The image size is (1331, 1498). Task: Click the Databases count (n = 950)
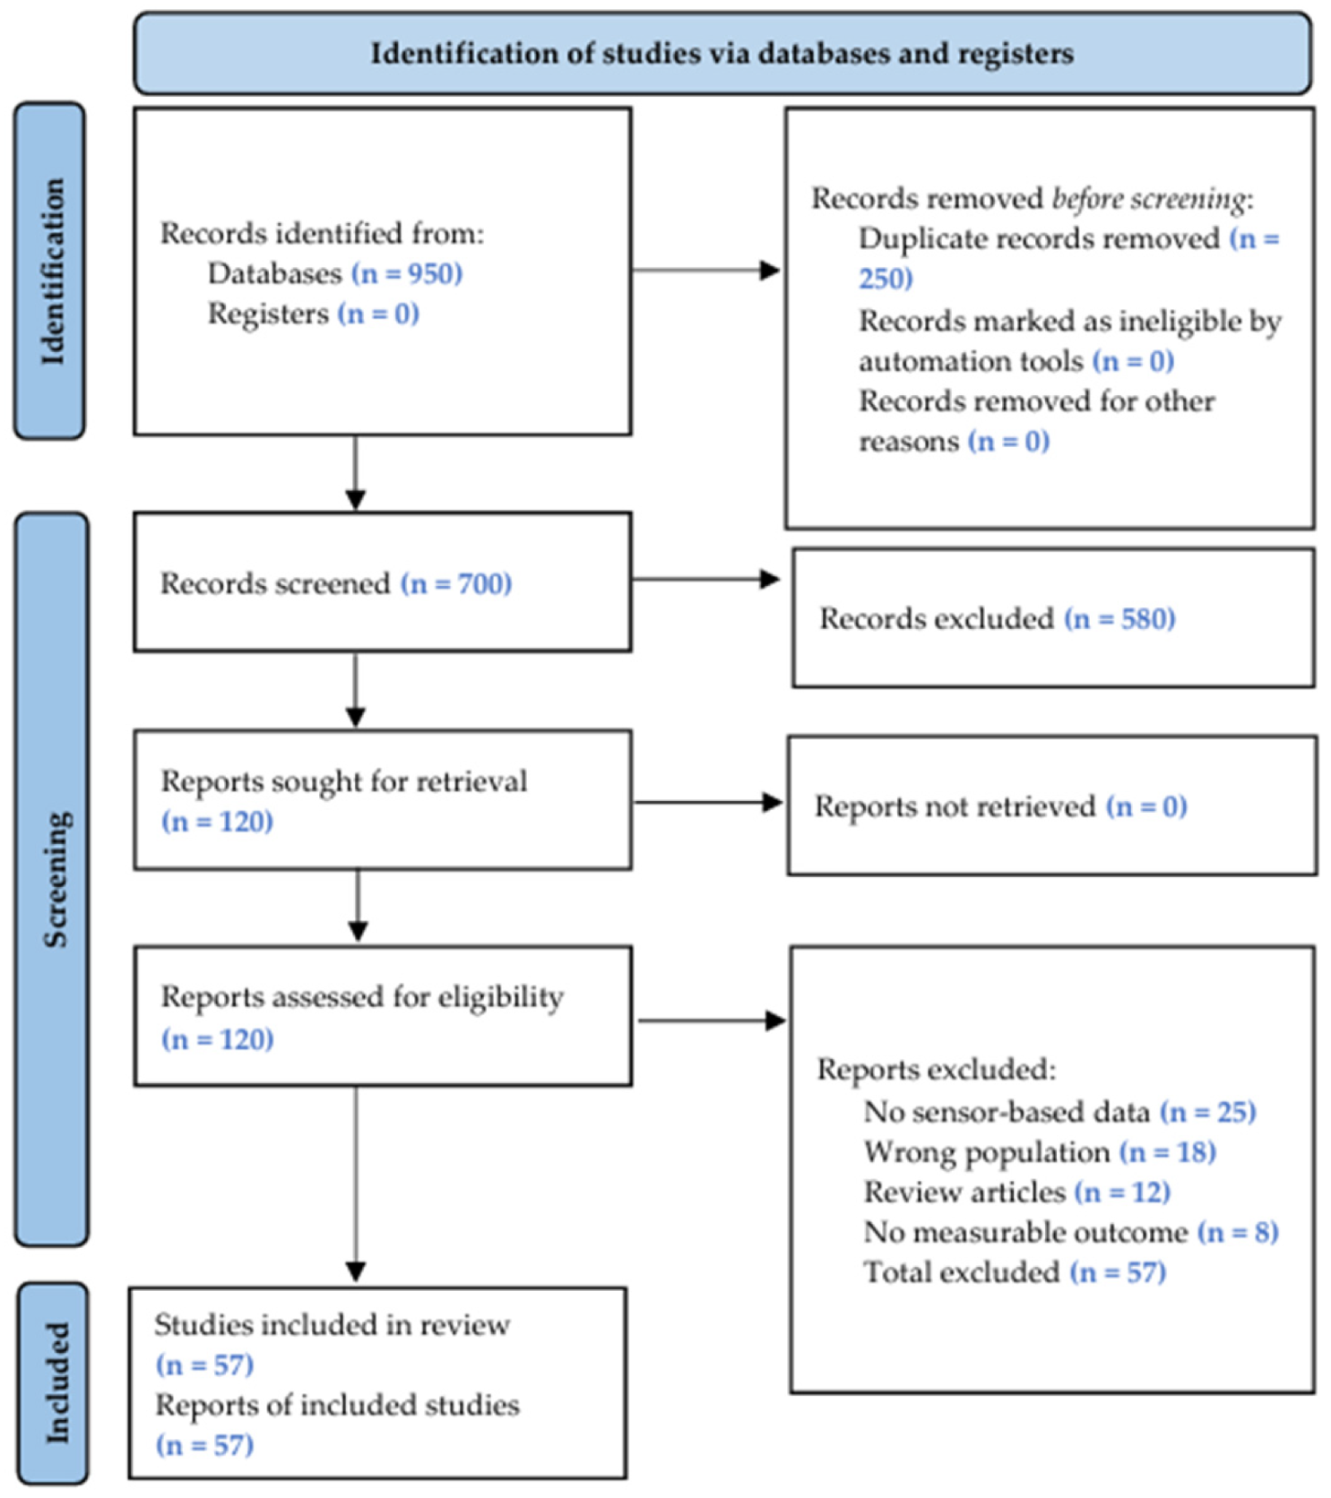tap(407, 273)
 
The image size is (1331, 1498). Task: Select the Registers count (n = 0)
tap(378, 314)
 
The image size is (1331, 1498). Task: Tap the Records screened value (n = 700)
tap(456, 583)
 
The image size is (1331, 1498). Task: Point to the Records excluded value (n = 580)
tap(1119, 618)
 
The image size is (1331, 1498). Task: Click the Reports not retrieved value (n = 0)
tap(1146, 806)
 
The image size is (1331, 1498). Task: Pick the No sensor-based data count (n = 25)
tap(1207, 1112)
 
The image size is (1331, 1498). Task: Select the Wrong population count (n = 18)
tap(1168, 1152)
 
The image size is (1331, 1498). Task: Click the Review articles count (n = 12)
tap(1123, 1192)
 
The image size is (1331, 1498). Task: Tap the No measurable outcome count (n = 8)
tap(1238, 1233)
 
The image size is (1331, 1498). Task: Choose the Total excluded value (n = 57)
tap(1118, 1272)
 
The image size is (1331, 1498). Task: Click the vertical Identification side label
tap(52, 271)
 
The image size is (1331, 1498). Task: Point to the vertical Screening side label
tap(55, 879)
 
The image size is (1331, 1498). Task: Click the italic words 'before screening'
tap(1149, 198)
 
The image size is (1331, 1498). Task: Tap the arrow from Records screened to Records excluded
tap(705, 580)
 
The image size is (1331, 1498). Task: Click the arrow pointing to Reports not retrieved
tap(708, 802)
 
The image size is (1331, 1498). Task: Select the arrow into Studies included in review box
tap(356, 1184)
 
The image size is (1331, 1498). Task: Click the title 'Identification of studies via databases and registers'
tap(722, 54)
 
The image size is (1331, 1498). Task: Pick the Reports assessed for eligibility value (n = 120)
tap(218, 1039)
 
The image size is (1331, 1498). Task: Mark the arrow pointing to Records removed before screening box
tap(705, 270)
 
